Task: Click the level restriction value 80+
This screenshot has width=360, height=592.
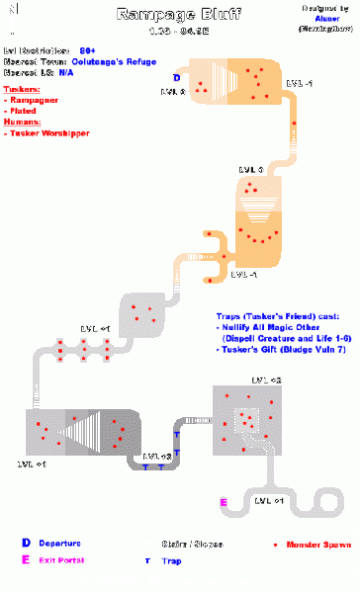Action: pos(87,47)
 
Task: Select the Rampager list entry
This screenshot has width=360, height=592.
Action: pos(33,100)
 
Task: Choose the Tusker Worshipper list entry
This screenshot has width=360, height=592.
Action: pos(46,131)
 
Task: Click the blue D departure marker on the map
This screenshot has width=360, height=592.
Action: pos(176,77)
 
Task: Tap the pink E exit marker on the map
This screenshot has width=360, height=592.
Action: pos(224,503)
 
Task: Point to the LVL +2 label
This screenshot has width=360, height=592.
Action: pos(266,381)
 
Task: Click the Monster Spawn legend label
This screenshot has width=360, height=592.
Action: pos(316,545)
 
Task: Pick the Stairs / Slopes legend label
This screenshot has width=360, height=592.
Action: pos(196,545)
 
